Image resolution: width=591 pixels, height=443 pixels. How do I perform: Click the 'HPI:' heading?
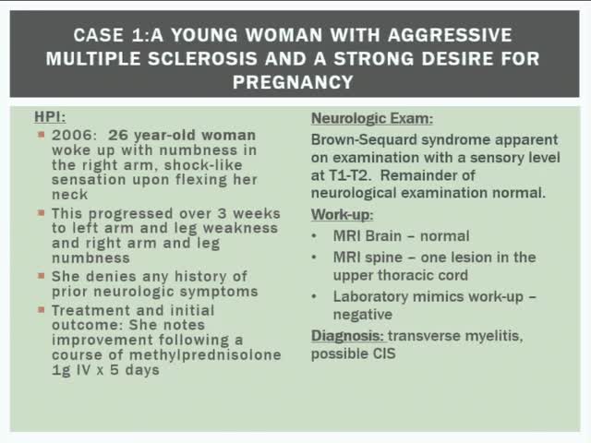(48, 117)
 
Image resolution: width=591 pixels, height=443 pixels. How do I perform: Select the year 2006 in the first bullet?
(67, 135)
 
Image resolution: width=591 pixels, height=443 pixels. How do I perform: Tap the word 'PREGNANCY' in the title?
(293, 81)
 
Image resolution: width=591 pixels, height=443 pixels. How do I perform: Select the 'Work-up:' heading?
(342, 214)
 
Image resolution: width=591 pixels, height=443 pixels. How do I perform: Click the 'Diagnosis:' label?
(347, 336)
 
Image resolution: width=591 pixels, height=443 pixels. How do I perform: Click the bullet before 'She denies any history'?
(42, 276)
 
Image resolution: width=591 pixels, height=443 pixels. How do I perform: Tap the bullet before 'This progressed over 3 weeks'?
(42, 212)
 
